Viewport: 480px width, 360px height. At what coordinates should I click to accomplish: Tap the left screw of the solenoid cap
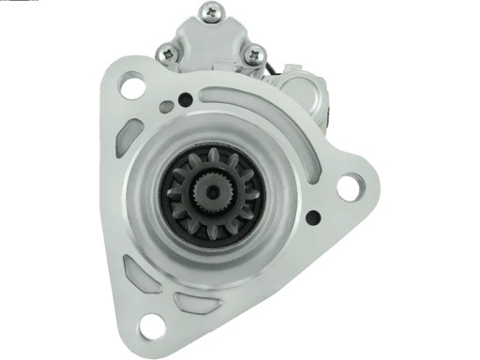pos(168,53)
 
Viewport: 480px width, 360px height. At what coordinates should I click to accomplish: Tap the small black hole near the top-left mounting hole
pos(185,99)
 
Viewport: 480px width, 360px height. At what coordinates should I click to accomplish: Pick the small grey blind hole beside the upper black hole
pos(167,107)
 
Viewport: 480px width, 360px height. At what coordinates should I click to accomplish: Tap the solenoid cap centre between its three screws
pos(210,42)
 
